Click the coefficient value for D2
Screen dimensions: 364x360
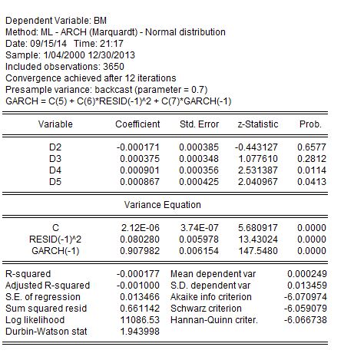(x=138, y=147)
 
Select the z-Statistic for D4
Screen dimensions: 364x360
(x=258, y=170)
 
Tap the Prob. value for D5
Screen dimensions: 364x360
(x=312, y=182)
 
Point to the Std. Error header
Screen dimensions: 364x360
(x=199, y=124)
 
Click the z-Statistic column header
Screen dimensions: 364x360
(x=258, y=124)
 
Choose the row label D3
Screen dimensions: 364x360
(x=55, y=159)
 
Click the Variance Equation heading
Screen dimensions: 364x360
(x=163, y=205)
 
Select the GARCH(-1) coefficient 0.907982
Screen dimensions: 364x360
(x=140, y=251)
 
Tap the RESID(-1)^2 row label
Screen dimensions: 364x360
(x=55, y=239)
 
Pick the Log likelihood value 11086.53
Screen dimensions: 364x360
(x=140, y=320)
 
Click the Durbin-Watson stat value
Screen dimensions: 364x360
(x=140, y=332)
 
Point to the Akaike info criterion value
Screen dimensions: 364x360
(x=306, y=297)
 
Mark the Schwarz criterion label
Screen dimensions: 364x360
(x=206, y=309)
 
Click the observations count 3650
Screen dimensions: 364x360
(x=114, y=67)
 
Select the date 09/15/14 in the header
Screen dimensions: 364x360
(x=48, y=44)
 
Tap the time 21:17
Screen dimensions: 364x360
(x=111, y=44)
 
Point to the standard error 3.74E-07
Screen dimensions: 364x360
(x=200, y=228)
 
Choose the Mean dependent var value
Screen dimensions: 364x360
(x=307, y=274)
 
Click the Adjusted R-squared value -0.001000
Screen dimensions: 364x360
(x=138, y=286)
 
